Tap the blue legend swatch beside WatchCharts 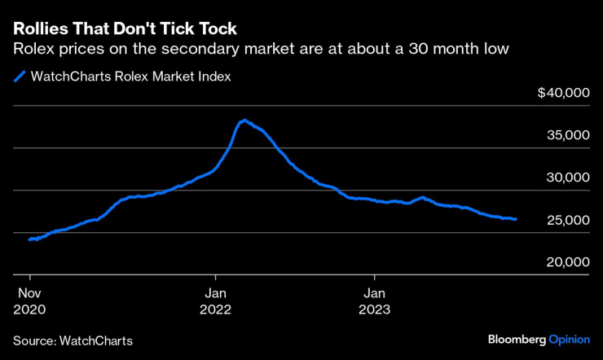19,77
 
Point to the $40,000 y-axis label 563,94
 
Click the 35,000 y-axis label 568,136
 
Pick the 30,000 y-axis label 568,178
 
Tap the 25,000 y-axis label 568,221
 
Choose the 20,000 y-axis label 568,263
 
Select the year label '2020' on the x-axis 30,310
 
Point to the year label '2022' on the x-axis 216,310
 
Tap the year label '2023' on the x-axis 375,310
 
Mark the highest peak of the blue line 243,121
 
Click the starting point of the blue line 29,239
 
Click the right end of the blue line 515,219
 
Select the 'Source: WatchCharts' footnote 73,340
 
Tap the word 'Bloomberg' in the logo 517,339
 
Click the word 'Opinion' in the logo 569,339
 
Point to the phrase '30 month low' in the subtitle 468,49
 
